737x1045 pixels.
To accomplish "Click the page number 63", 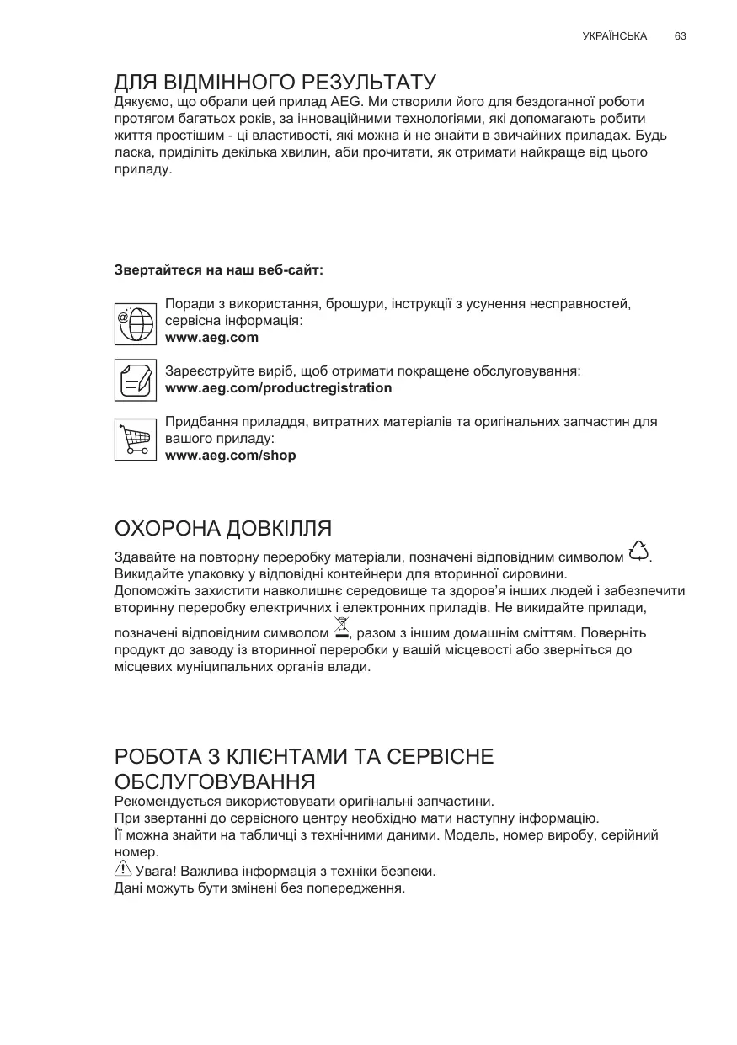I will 681,36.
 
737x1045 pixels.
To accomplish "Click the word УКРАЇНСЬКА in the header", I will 615,36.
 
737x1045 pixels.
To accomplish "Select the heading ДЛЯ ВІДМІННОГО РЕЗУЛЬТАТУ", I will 275,83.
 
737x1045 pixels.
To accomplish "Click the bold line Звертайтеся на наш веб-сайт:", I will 219,270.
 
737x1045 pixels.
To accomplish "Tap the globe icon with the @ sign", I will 136,322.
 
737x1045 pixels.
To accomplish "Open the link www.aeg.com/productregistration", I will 279,388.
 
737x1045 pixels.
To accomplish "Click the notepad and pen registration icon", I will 136,380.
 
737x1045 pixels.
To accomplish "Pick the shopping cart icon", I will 136,439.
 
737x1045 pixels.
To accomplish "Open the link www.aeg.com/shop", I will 231,456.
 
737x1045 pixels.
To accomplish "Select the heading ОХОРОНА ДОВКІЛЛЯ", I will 222,529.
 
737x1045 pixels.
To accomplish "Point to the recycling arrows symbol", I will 639,551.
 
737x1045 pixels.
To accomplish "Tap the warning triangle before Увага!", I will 122,869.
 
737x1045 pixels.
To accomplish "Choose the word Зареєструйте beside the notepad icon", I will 207,371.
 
